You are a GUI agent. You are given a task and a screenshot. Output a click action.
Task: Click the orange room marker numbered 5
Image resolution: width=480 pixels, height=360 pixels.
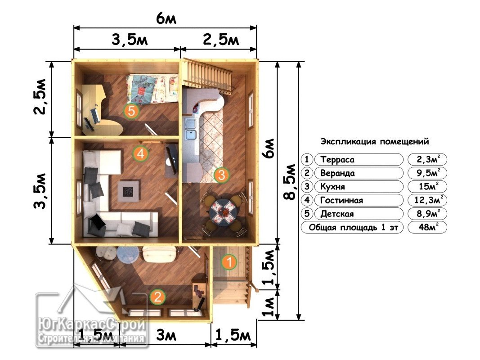[x=131, y=111]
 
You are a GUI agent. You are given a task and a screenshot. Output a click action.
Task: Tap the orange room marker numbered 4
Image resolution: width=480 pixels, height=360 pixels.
[x=140, y=153]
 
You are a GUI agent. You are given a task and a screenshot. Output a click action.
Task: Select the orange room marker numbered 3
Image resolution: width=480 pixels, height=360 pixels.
[x=221, y=175]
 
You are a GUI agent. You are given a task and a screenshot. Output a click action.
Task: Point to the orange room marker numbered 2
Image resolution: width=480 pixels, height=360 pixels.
[x=157, y=297]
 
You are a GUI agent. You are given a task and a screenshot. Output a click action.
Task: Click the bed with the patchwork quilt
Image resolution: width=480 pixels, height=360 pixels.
[x=152, y=89]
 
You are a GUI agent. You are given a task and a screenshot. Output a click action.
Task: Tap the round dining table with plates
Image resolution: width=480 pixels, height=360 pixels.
[x=223, y=211]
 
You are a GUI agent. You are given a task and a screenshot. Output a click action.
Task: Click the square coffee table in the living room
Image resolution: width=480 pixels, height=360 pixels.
[x=129, y=191]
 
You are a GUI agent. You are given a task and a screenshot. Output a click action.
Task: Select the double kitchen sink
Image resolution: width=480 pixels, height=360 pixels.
[x=191, y=129]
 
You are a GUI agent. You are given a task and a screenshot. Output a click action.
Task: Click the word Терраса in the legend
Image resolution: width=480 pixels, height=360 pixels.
[x=337, y=160]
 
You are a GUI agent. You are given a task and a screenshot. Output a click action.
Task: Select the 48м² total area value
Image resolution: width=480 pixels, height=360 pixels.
[x=428, y=227]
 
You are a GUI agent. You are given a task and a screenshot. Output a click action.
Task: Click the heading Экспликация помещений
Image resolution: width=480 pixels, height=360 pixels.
[x=375, y=142]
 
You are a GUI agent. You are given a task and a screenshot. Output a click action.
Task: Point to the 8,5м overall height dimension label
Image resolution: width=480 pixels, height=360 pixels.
[x=290, y=182]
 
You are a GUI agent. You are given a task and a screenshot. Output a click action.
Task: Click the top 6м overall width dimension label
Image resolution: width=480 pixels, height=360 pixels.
[x=166, y=19]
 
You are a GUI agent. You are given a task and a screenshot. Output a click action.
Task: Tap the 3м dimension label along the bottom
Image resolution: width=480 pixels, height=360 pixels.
[x=166, y=336]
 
